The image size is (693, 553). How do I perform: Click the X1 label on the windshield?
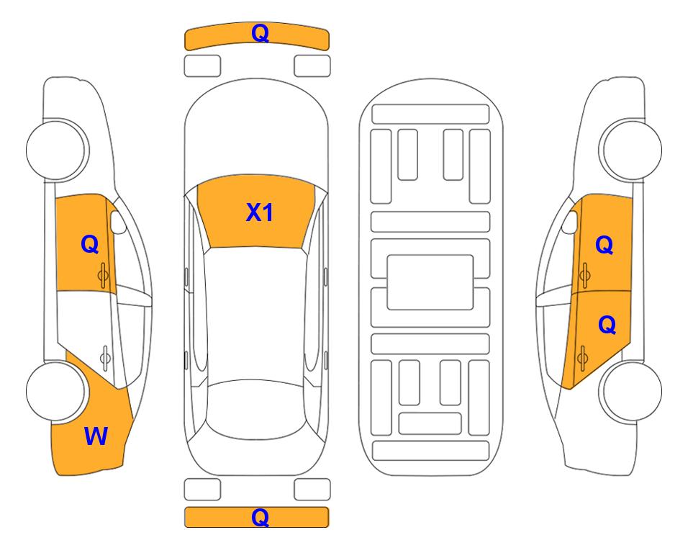coord(260,212)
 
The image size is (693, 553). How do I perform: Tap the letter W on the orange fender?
coord(96,436)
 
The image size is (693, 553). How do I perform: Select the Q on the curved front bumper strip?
coord(260,33)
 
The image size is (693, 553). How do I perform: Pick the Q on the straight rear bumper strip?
coord(260,517)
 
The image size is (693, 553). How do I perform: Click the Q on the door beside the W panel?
coord(90,244)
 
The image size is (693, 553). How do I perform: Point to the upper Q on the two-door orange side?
coord(604,245)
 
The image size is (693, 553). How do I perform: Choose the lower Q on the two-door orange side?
coord(607,325)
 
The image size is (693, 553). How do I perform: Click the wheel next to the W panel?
coord(56,392)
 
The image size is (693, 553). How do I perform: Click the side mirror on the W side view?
coord(117,222)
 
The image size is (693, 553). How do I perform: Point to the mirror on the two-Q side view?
coord(569,222)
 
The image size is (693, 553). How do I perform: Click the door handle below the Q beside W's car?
coord(103,275)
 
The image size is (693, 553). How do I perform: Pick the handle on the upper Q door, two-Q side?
coord(585,275)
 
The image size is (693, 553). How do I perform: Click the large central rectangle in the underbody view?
coord(430,282)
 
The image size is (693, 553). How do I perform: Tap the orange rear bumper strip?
coord(257,517)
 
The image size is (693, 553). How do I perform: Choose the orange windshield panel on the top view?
coord(256,212)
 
